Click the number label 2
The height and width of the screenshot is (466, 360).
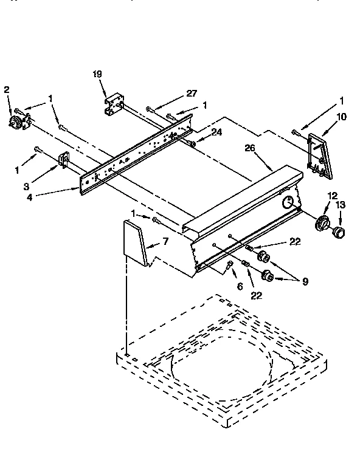tap(7, 89)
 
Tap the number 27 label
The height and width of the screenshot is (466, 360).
tap(192, 94)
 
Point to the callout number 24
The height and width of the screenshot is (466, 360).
tap(216, 132)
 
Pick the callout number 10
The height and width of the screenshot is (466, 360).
tap(342, 116)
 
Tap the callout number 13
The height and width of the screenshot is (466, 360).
tap(341, 205)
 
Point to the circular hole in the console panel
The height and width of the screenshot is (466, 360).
tap(290, 203)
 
